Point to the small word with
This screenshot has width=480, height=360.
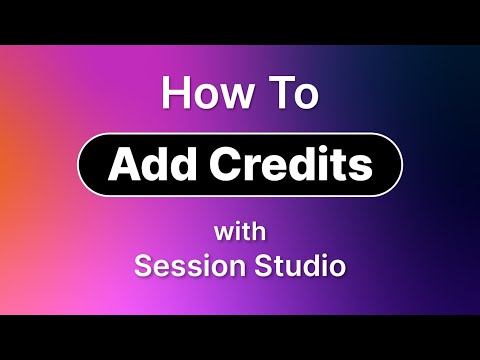pyautogui.click(x=240, y=233)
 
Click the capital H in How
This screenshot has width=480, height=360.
pyautogui.click(x=175, y=95)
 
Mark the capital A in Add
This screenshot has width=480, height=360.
pyautogui.click(x=122, y=164)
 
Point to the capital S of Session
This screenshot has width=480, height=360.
pyautogui.click(x=143, y=267)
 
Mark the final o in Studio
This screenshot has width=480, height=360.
pyautogui.click(x=337, y=270)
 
